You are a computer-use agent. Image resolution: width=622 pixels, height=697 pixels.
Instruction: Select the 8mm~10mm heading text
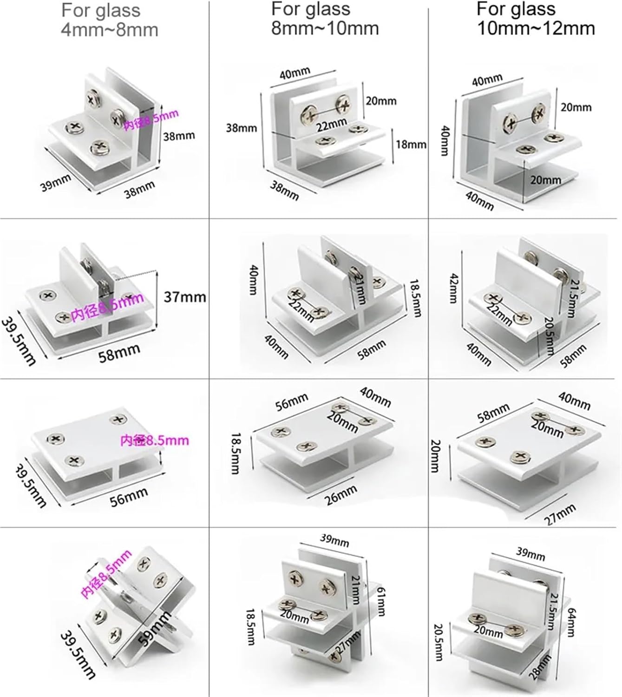(x=325, y=29)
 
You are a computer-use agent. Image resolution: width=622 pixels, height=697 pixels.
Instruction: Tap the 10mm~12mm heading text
(x=536, y=29)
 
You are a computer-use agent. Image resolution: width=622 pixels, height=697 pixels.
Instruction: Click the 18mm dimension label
(x=411, y=145)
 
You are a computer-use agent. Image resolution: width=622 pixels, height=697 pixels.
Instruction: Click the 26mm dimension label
(x=341, y=495)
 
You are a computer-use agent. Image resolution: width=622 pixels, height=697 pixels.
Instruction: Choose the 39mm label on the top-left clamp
(x=56, y=183)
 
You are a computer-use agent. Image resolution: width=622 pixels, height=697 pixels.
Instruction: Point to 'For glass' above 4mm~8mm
(x=101, y=10)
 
